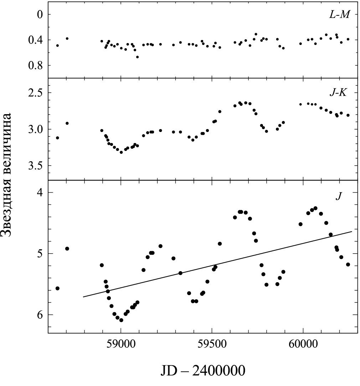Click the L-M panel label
(x=339, y=15)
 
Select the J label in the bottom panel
(x=338, y=196)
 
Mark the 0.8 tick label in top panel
(x=36, y=65)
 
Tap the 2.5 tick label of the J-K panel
(x=36, y=93)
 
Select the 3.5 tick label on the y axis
(x=36, y=166)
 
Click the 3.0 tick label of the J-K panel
(x=36, y=129)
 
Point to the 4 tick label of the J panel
(x=40, y=193)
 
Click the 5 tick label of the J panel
(x=40, y=254)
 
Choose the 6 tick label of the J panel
(x=40, y=315)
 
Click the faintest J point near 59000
(x=121, y=320)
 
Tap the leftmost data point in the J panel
(x=57, y=288)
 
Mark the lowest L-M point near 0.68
(x=137, y=57)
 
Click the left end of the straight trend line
(x=83, y=297)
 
